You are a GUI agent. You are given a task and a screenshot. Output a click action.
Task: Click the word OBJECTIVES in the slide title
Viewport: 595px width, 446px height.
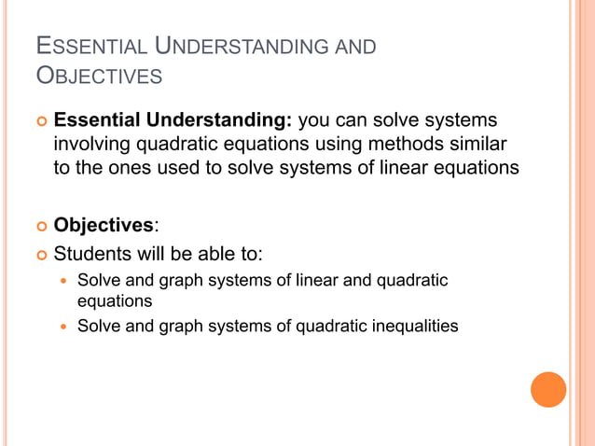98,76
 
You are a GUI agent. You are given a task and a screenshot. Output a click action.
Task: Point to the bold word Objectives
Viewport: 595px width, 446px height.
104,224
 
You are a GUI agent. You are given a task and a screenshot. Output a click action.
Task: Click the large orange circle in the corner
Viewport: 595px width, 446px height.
548,389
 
